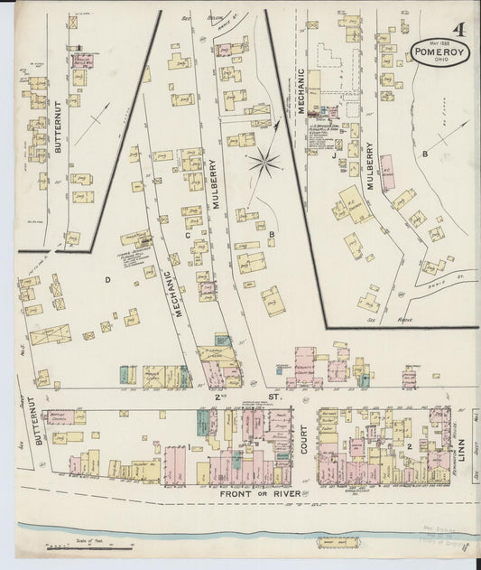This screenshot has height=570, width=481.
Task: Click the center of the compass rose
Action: pos(264,164)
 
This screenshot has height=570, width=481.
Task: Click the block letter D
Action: pos(106,279)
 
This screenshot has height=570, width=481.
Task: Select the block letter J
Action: pos(333,155)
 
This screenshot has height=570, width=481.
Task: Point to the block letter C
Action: pos(188,236)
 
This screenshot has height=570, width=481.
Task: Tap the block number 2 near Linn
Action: pos(409,445)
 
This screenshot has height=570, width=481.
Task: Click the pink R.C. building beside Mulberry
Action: pos(387,172)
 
